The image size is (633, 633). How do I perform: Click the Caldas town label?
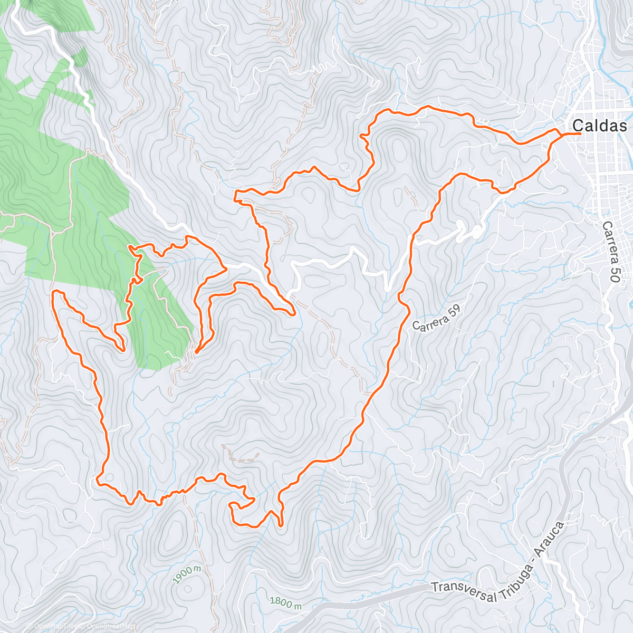[600, 126]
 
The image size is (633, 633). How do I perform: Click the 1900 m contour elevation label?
[187, 574]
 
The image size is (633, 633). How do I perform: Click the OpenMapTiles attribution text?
[51, 627]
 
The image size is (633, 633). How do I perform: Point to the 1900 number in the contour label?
[184, 576]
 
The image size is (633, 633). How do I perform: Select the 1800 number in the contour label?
[281, 601]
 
